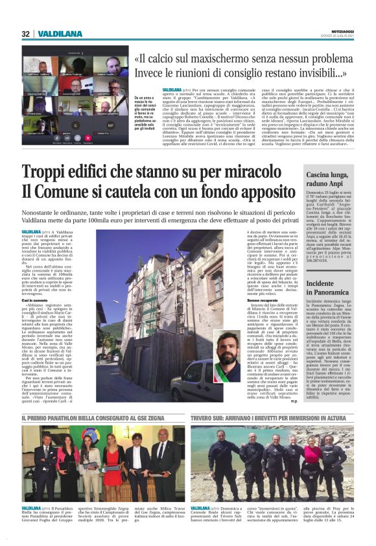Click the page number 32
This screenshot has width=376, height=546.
coord(25,33)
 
